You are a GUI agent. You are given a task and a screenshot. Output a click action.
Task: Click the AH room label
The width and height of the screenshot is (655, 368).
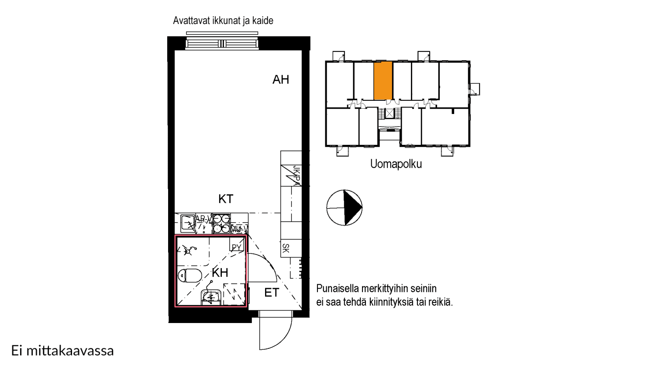[281, 79]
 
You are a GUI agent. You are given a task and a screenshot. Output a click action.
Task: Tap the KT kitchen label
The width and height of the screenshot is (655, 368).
[226, 199]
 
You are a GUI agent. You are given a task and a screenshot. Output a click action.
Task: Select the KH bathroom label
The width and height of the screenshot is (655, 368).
[220, 273]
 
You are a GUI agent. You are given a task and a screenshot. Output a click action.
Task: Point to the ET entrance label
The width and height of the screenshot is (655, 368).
[272, 293]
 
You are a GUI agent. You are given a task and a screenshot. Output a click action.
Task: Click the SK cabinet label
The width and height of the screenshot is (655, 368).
[286, 248]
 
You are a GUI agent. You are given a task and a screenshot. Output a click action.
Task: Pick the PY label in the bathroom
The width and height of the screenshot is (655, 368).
[236, 248]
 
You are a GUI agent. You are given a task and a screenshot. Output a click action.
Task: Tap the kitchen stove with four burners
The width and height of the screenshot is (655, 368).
[221, 224]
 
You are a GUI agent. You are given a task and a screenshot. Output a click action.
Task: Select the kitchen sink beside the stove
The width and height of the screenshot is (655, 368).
[188, 224]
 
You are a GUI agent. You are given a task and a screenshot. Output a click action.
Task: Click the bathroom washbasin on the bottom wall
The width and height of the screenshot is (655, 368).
[211, 298]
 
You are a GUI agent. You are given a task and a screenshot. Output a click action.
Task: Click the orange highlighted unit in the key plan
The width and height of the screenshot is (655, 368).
[383, 81]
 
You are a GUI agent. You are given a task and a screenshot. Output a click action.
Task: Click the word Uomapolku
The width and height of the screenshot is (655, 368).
[396, 164]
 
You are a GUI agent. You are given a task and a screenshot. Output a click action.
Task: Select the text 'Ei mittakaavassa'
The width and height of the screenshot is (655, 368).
[62, 351]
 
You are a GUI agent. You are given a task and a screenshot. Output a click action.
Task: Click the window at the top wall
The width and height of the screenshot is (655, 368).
[222, 43]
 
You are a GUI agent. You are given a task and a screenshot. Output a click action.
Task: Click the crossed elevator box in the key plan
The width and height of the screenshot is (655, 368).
[389, 113]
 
